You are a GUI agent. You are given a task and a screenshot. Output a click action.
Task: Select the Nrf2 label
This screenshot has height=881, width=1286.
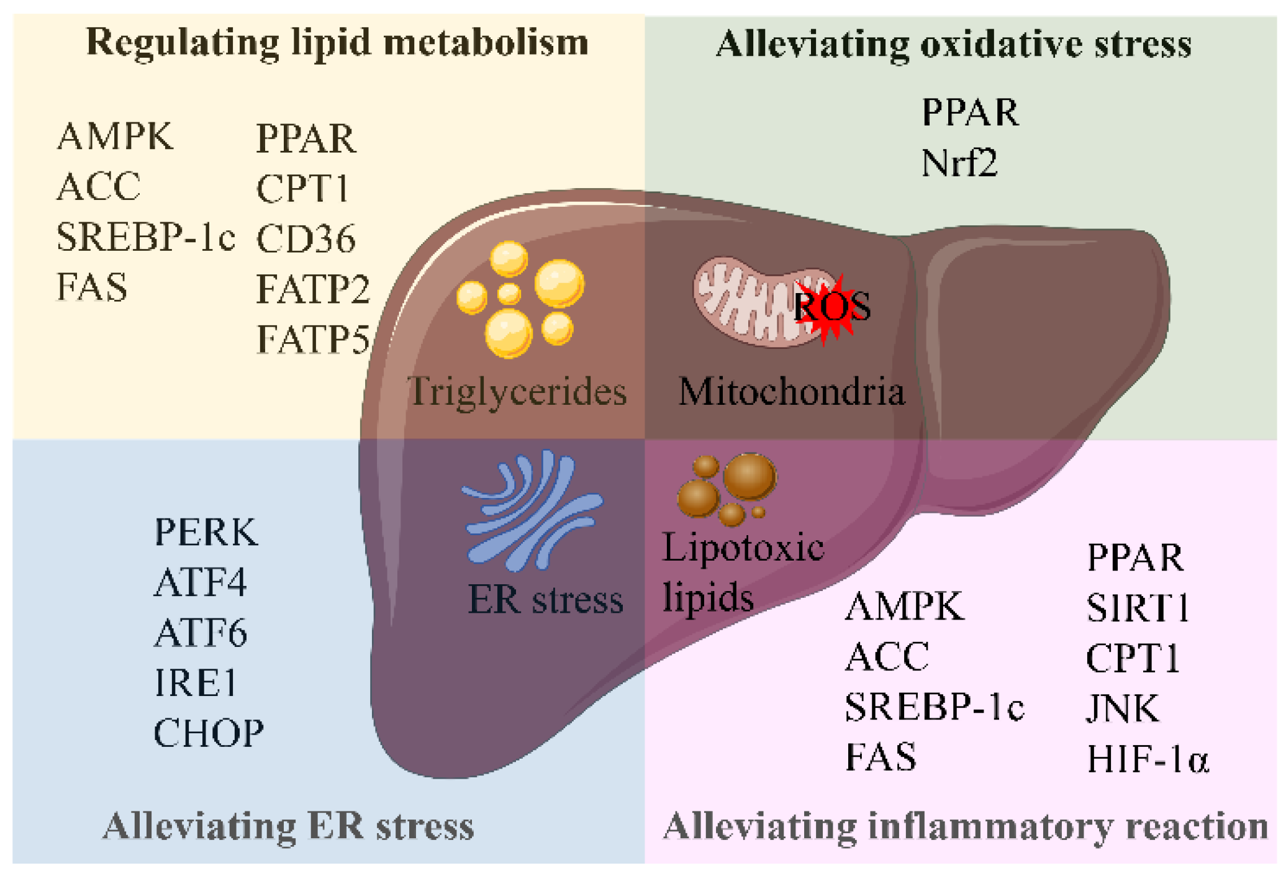959,163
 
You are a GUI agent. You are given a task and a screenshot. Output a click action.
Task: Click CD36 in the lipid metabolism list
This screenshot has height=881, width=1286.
306,239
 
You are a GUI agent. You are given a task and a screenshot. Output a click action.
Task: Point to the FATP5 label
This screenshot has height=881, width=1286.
313,340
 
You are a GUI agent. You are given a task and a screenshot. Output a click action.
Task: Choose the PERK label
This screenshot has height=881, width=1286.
206,532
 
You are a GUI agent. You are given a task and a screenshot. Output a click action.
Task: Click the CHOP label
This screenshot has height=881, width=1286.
209,733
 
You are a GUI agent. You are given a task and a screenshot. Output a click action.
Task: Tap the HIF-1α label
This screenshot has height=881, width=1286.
1148,759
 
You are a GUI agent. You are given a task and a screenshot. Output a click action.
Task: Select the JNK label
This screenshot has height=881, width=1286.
1123,708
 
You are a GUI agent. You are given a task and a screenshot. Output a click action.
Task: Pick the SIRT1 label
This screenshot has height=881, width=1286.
1138,608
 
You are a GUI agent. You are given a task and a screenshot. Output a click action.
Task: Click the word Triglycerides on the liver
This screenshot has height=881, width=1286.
517,392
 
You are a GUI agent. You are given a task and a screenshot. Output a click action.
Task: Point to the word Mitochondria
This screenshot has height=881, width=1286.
791,392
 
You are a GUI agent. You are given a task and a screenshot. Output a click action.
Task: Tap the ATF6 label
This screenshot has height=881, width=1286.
201,633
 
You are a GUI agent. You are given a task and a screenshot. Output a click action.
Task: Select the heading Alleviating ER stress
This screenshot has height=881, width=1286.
289,826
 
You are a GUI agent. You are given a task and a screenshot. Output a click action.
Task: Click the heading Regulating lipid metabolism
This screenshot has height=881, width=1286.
337,42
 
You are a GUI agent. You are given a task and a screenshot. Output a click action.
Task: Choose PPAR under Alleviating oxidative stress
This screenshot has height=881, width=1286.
970,113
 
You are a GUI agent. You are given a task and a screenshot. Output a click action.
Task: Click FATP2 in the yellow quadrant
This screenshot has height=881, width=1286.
313,289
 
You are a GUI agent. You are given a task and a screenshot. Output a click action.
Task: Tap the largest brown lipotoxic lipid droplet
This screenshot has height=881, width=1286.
749,477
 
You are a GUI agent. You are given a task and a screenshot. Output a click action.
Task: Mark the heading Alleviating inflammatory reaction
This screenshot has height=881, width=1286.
965,826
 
